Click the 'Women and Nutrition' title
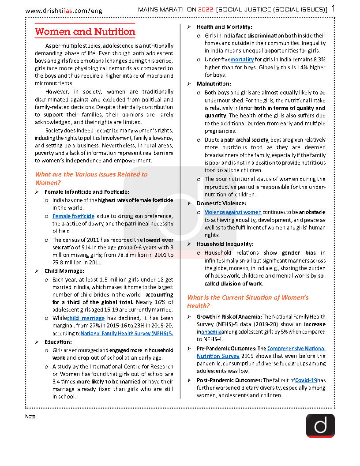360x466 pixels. pyautogui.click(x=85, y=32)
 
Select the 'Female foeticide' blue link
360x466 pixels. pyautogui.click(x=73, y=216)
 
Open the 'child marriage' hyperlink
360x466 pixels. pyautogui.click(x=86, y=318)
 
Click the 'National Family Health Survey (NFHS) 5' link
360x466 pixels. pyautogui.click(x=127, y=334)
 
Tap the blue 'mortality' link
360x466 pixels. pyautogui.click(x=242, y=59)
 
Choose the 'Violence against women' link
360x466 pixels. pyautogui.click(x=233, y=212)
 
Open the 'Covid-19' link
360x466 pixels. pyautogui.click(x=306, y=380)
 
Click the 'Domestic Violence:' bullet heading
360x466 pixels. pyautogui.click(x=221, y=203)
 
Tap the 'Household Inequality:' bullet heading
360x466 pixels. pyautogui.click(x=225, y=244)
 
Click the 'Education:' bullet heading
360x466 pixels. pyautogui.click(x=58, y=342)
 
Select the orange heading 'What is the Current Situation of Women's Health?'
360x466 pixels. pyautogui.click(x=247, y=301)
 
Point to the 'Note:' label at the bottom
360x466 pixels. pyautogui.click(x=31, y=417)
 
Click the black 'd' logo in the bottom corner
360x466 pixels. pyautogui.click(x=320, y=425)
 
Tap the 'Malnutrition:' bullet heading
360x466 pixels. pyautogui.click(x=214, y=84)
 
